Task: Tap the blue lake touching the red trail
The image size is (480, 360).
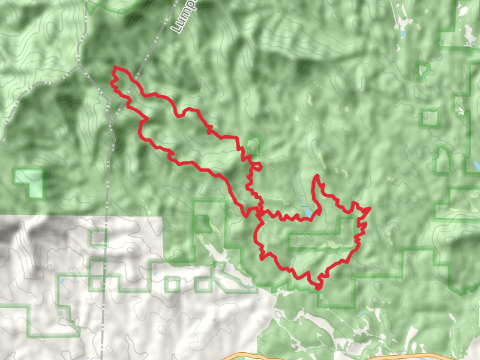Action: click(307, 212)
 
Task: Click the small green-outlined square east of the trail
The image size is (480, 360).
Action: click(430, 117)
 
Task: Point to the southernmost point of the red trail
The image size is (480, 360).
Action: click(317, 287)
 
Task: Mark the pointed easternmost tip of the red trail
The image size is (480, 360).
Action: click(368, 208)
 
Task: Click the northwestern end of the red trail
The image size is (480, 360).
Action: click(115, 68)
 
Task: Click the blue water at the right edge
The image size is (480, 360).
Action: click(476, 164)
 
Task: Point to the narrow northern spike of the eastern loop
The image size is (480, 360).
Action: click(316, 178)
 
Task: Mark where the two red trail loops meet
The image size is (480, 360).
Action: click(259, 211)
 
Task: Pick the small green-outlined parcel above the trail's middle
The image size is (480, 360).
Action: click(253, 144)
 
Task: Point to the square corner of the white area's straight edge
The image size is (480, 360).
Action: click(163, 217)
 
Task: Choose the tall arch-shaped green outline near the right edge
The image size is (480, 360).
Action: click(442, 159)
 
